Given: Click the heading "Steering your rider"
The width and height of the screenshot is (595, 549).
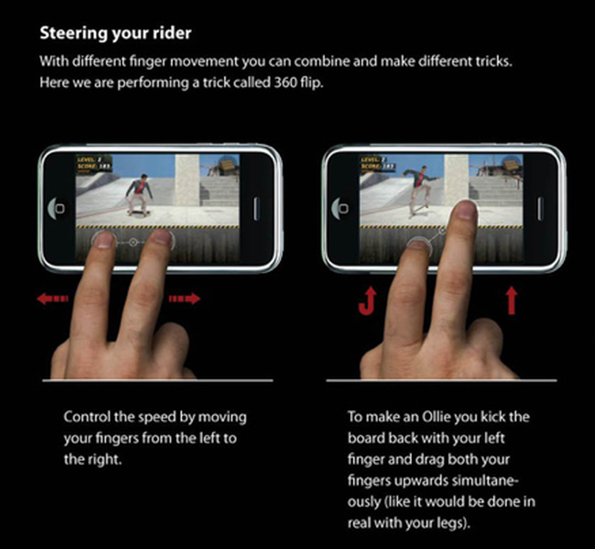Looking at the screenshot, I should (115, 33).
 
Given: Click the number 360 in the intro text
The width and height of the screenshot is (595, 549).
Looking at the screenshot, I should (285, 82).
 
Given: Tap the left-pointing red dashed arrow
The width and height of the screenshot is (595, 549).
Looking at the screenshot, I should (52, 298).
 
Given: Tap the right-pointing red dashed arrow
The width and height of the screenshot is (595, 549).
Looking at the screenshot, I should (185, 298).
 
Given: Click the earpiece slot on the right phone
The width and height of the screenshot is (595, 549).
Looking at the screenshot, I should (540, 208).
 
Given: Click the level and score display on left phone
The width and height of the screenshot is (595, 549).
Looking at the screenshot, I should (94, 163).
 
